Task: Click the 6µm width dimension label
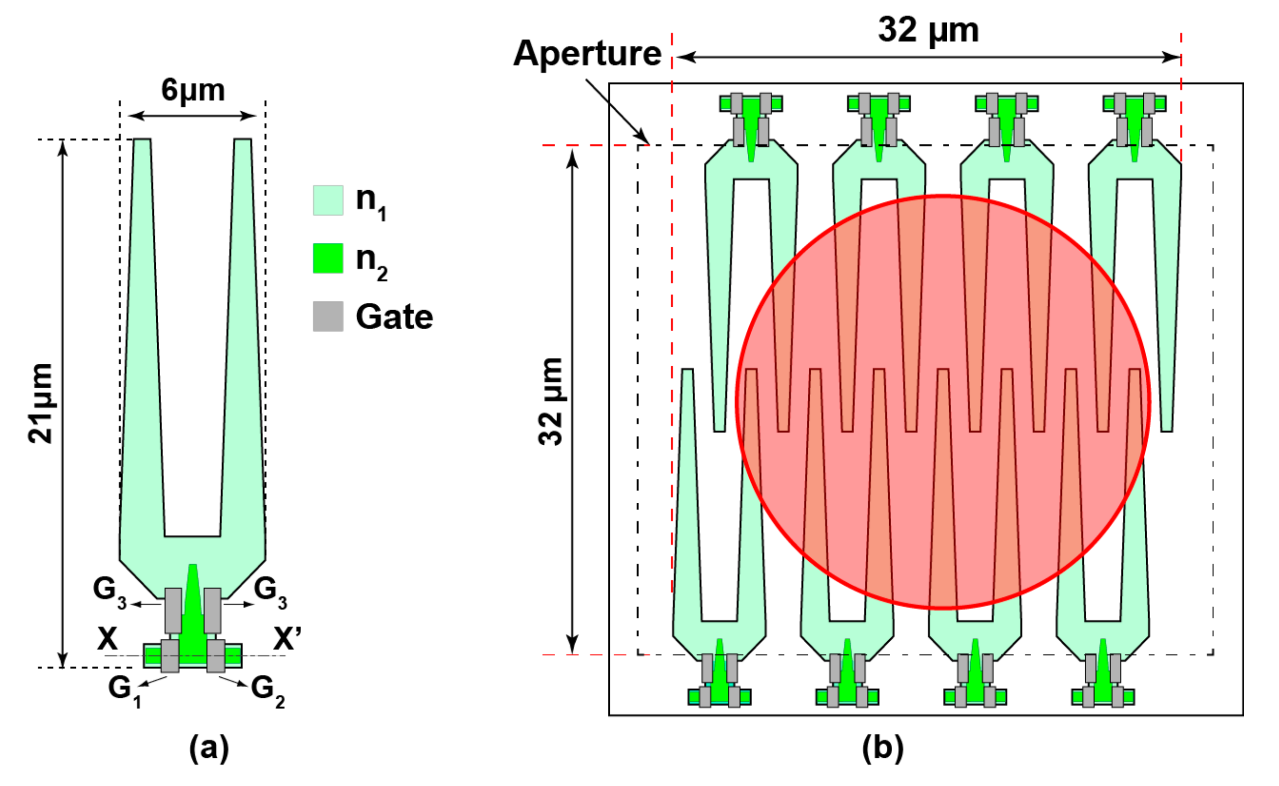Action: tap(192, 90)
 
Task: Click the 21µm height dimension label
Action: tap(41, 403)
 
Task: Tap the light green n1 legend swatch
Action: tap(327, 200)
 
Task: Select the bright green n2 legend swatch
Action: tap(327, 258)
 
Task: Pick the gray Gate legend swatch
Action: tap(327, 316)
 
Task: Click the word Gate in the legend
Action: tap(394, 317)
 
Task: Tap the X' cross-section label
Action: tap(287, 639)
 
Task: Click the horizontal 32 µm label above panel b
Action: tap(928, 30)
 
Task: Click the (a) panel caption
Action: tap(209, 749)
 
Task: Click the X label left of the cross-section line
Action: tap(107, 639)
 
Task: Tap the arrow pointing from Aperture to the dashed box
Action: tap(617, 111)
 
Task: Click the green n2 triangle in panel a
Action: tap(193, 608)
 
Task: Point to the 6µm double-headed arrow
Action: tap(192, 116)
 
